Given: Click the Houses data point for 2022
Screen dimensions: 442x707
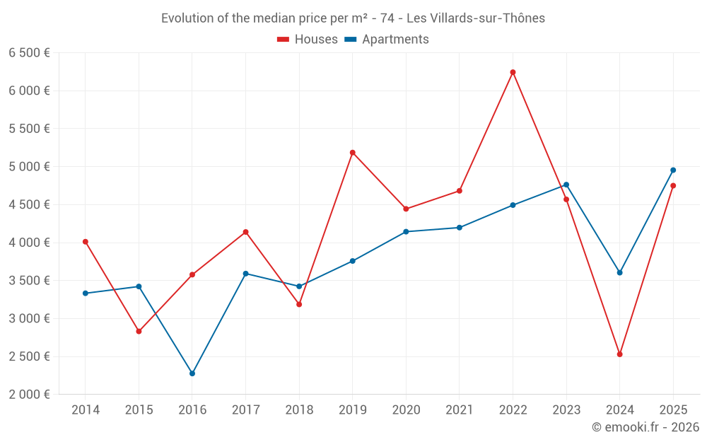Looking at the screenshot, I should click(513, 72).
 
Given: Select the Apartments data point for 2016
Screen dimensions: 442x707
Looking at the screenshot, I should click(192, 373).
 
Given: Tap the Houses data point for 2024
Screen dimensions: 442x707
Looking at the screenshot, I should click(619, 354).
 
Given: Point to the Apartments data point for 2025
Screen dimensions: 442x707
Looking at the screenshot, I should click(673, 170).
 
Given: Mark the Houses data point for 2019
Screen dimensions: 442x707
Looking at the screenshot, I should click(352, 153).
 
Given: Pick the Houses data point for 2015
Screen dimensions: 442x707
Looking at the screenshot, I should click(139, 331).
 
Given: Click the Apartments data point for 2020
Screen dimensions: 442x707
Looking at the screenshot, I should click(406, 231).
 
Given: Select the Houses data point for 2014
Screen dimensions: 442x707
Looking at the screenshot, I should click(86, 242).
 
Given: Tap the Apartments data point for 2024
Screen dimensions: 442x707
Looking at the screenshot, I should click(619, 272).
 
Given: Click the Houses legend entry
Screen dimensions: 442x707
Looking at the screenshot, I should click(308, 40).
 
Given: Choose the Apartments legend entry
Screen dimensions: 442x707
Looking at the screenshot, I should click(387, 40).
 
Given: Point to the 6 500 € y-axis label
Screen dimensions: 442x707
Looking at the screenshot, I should click(29, 53).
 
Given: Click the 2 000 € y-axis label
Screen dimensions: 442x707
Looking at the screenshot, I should click(29, 395).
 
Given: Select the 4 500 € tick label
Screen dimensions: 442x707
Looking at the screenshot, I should click(29, 205).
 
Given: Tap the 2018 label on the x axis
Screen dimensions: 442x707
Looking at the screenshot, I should click(299, 410).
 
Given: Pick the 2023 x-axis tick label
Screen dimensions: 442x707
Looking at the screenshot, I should click(566, 410).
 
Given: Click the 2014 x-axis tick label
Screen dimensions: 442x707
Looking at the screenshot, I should click(86, 410).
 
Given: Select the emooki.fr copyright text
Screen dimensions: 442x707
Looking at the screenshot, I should click(645, 427).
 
